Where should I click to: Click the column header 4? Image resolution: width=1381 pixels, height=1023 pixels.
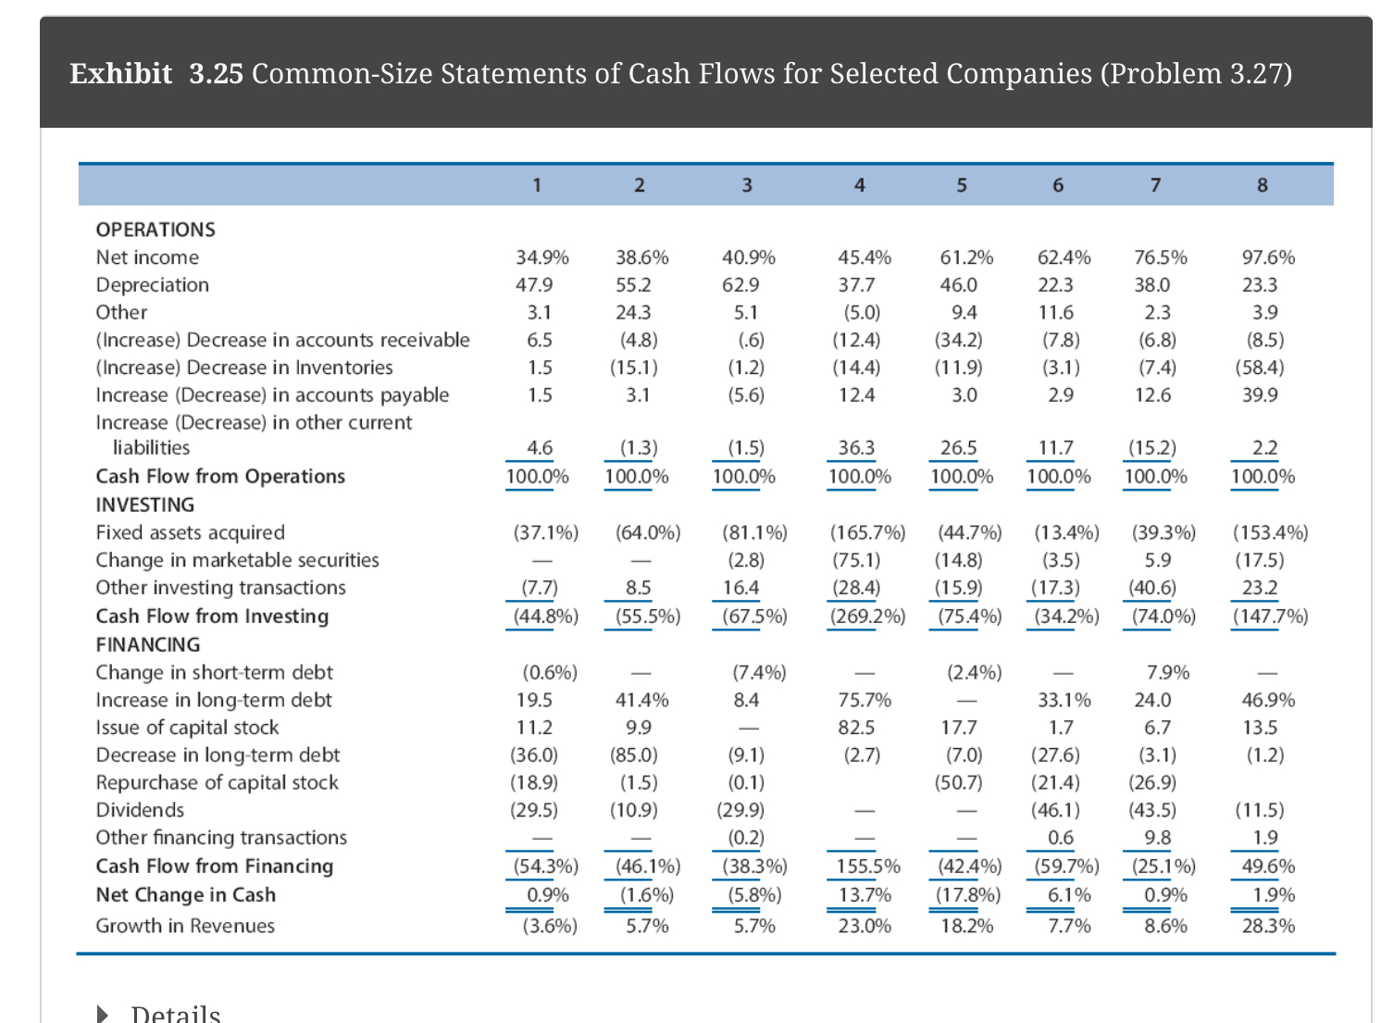(x=859, y=185)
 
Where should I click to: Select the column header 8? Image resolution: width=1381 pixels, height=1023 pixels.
(x=1262, y=185)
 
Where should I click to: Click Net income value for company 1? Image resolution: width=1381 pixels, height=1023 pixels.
(x=541, y=257)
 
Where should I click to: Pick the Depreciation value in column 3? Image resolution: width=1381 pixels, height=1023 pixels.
(x=740, y=285)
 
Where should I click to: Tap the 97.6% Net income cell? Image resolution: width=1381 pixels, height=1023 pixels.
(x=1268, y=257)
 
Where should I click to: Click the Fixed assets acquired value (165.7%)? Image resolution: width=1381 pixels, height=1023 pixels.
(x=867, y=532)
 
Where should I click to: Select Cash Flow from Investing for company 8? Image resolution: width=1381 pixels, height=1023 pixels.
(x=1270, y=617)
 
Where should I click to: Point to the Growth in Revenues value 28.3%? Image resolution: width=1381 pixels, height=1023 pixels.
(x=1268, y=926)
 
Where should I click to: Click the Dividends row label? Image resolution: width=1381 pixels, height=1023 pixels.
(x=140, y=810)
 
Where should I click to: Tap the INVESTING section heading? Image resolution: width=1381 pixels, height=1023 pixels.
(x=145, y=505)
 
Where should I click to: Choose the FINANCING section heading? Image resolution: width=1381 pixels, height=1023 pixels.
(x=148, y=644)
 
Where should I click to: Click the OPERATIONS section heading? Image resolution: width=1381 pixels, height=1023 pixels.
(x=156, y=230)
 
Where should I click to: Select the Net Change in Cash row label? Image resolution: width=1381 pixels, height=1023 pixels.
(x=186, y=895)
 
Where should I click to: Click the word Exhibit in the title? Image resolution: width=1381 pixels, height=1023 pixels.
(x=121, y=73)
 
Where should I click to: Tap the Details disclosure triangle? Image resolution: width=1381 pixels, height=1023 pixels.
(x=103, y=1015)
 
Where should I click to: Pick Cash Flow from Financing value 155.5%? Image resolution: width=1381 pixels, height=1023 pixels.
(x=868, y=867)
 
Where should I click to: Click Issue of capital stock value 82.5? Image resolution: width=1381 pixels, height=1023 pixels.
(x=856, y=728)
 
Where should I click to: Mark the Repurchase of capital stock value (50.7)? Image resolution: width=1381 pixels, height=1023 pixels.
(x=958, y=782)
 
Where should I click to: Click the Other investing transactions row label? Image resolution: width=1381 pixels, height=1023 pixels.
(x=220, y=588)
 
